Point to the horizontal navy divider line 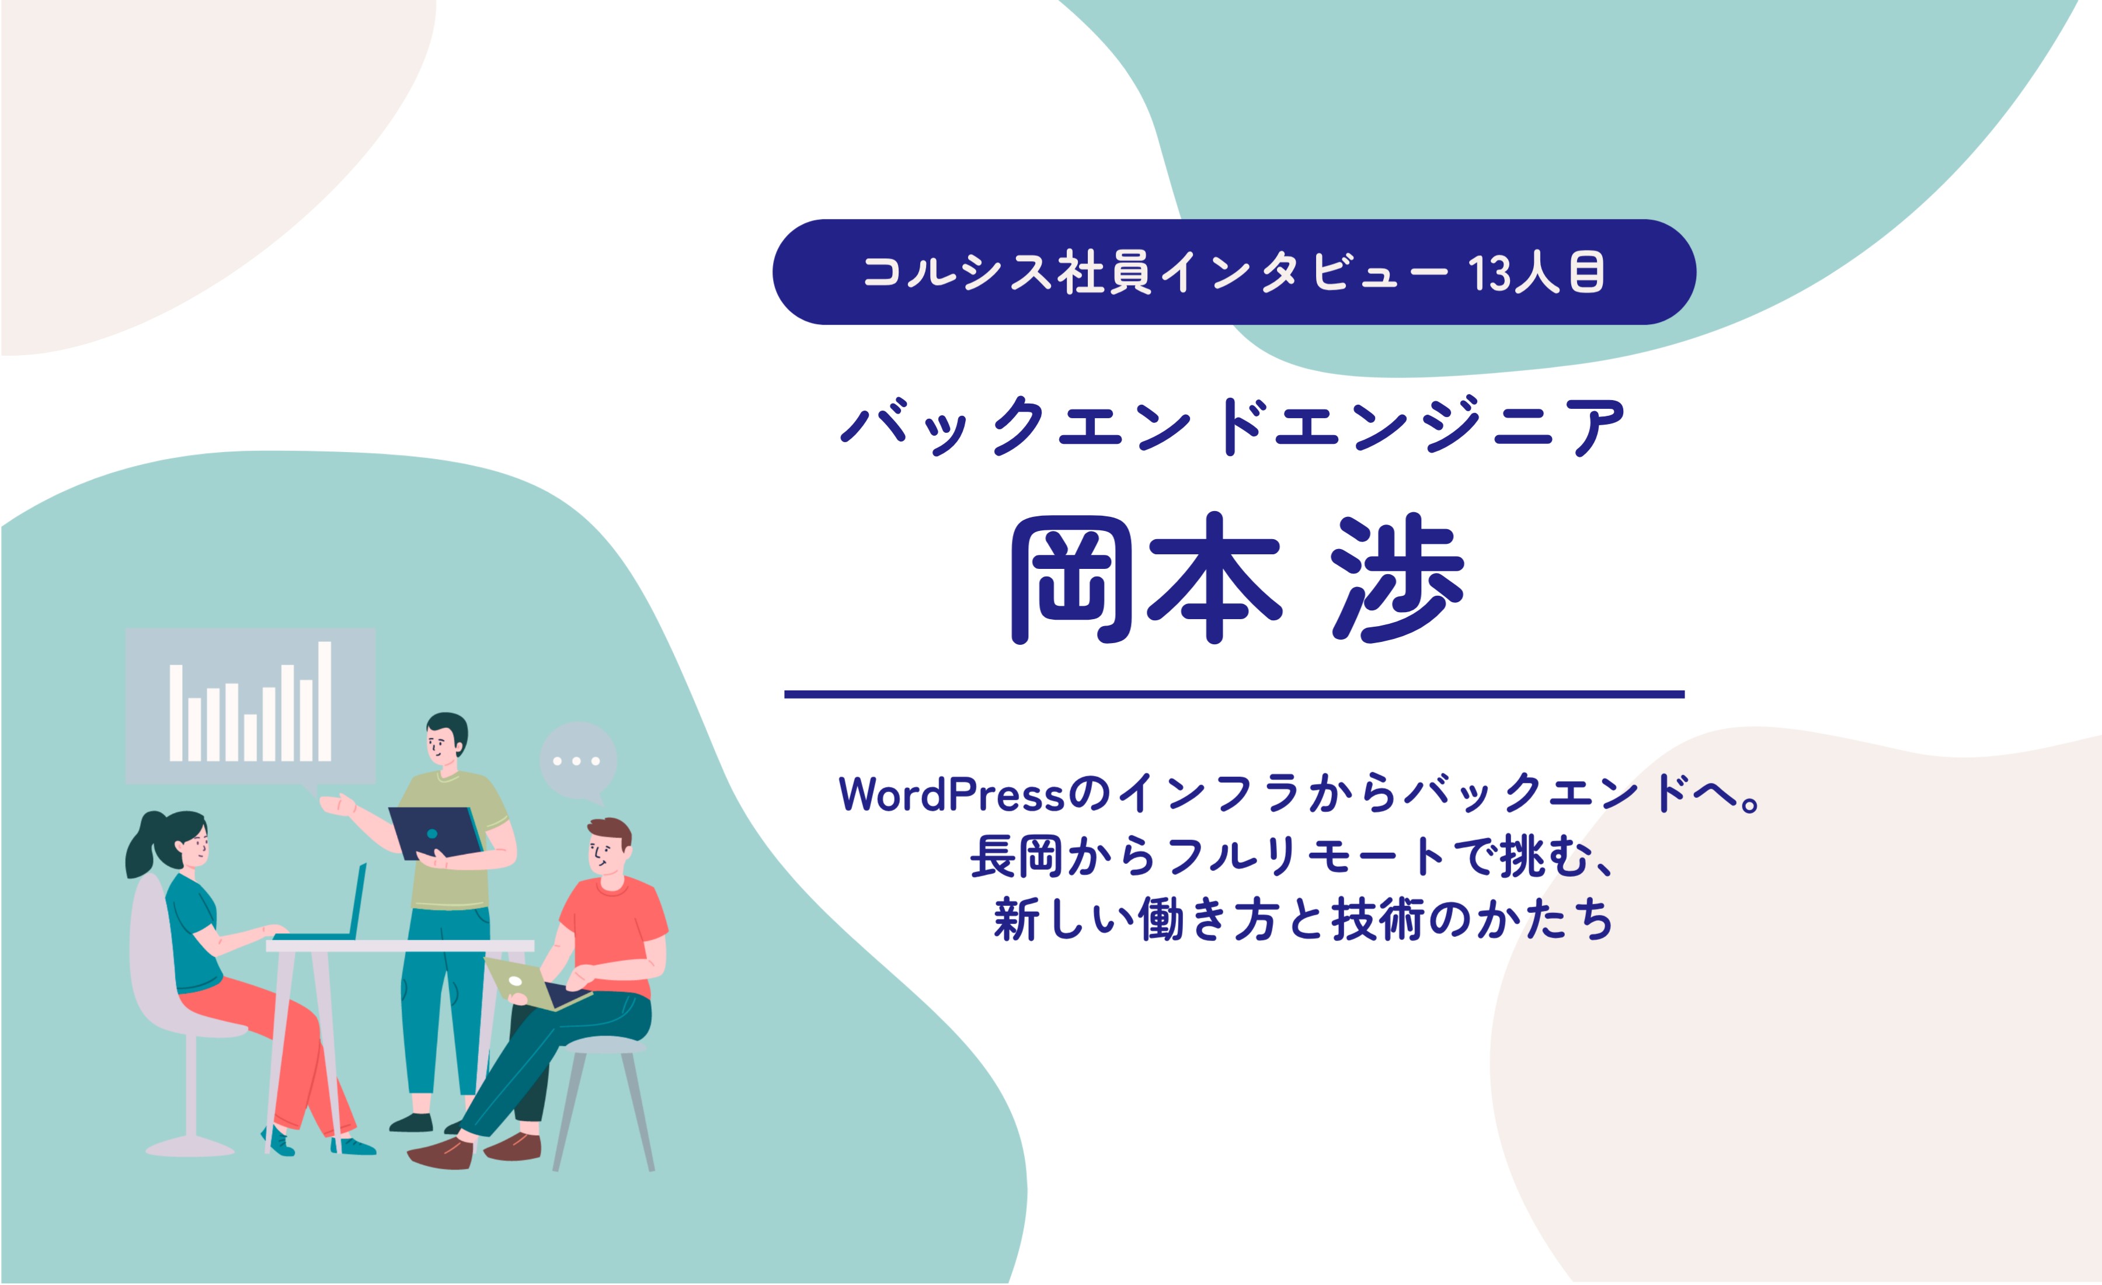(x=1234, y=694)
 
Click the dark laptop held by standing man (x=435, y=832)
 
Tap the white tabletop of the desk (x=399, y=946)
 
